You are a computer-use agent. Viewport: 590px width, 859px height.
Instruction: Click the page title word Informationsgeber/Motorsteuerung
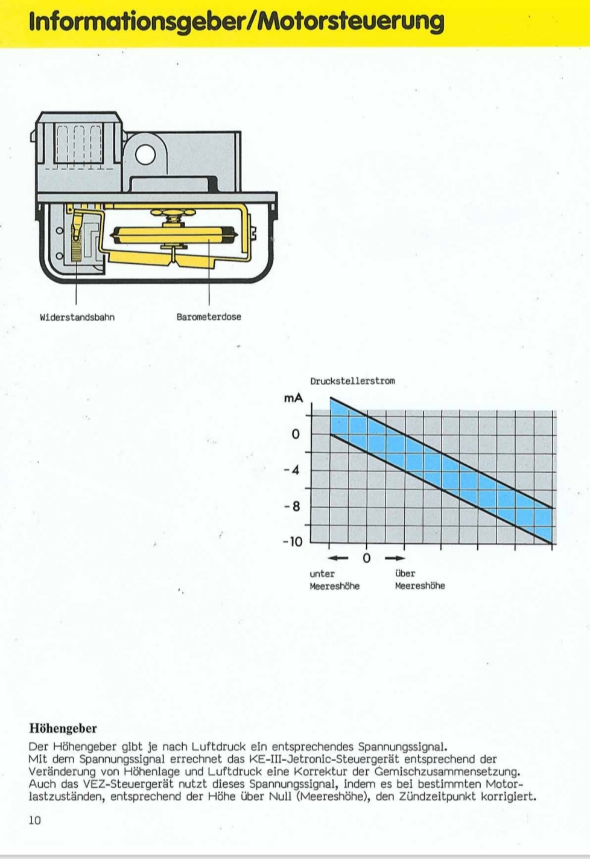pyautogui.click(x=236, y=21)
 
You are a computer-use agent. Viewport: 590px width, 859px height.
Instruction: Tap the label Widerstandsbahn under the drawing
pyautogui.click(x=77, y=317)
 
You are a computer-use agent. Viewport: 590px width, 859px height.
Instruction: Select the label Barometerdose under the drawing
pyautogui.click(x=209, y=317)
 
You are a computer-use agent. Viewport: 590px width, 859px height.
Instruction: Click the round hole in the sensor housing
pyautogui.click(x=146, y=156)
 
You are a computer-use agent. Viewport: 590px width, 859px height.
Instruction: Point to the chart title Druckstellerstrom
pyautogui.click(x=352, y=381)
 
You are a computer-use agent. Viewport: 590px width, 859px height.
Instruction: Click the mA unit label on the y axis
pyautogui.click(x=293, y=398)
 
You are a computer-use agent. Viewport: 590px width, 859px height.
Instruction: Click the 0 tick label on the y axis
pyautogui.click(x=295, y=434)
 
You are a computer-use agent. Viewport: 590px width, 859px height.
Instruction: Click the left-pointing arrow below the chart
pyautogui.click(x=338, y=558)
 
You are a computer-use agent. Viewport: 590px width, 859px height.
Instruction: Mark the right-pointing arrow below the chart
pyautogui.click(x=395, y=558)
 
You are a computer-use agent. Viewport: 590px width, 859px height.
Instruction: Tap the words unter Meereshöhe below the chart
pyautogui.click(x=334, y=580)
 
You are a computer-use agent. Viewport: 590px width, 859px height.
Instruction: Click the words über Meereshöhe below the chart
pyautogui.click(x=420, y=580)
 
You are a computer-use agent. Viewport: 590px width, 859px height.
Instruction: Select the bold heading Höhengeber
pyautogui.click(x=63, y=729)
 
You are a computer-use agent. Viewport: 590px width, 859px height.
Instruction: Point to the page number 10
pyautogui.click(x=34, y=820)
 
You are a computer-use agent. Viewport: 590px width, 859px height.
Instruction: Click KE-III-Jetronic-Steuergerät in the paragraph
pyautogui.click(x=323, y=759)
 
